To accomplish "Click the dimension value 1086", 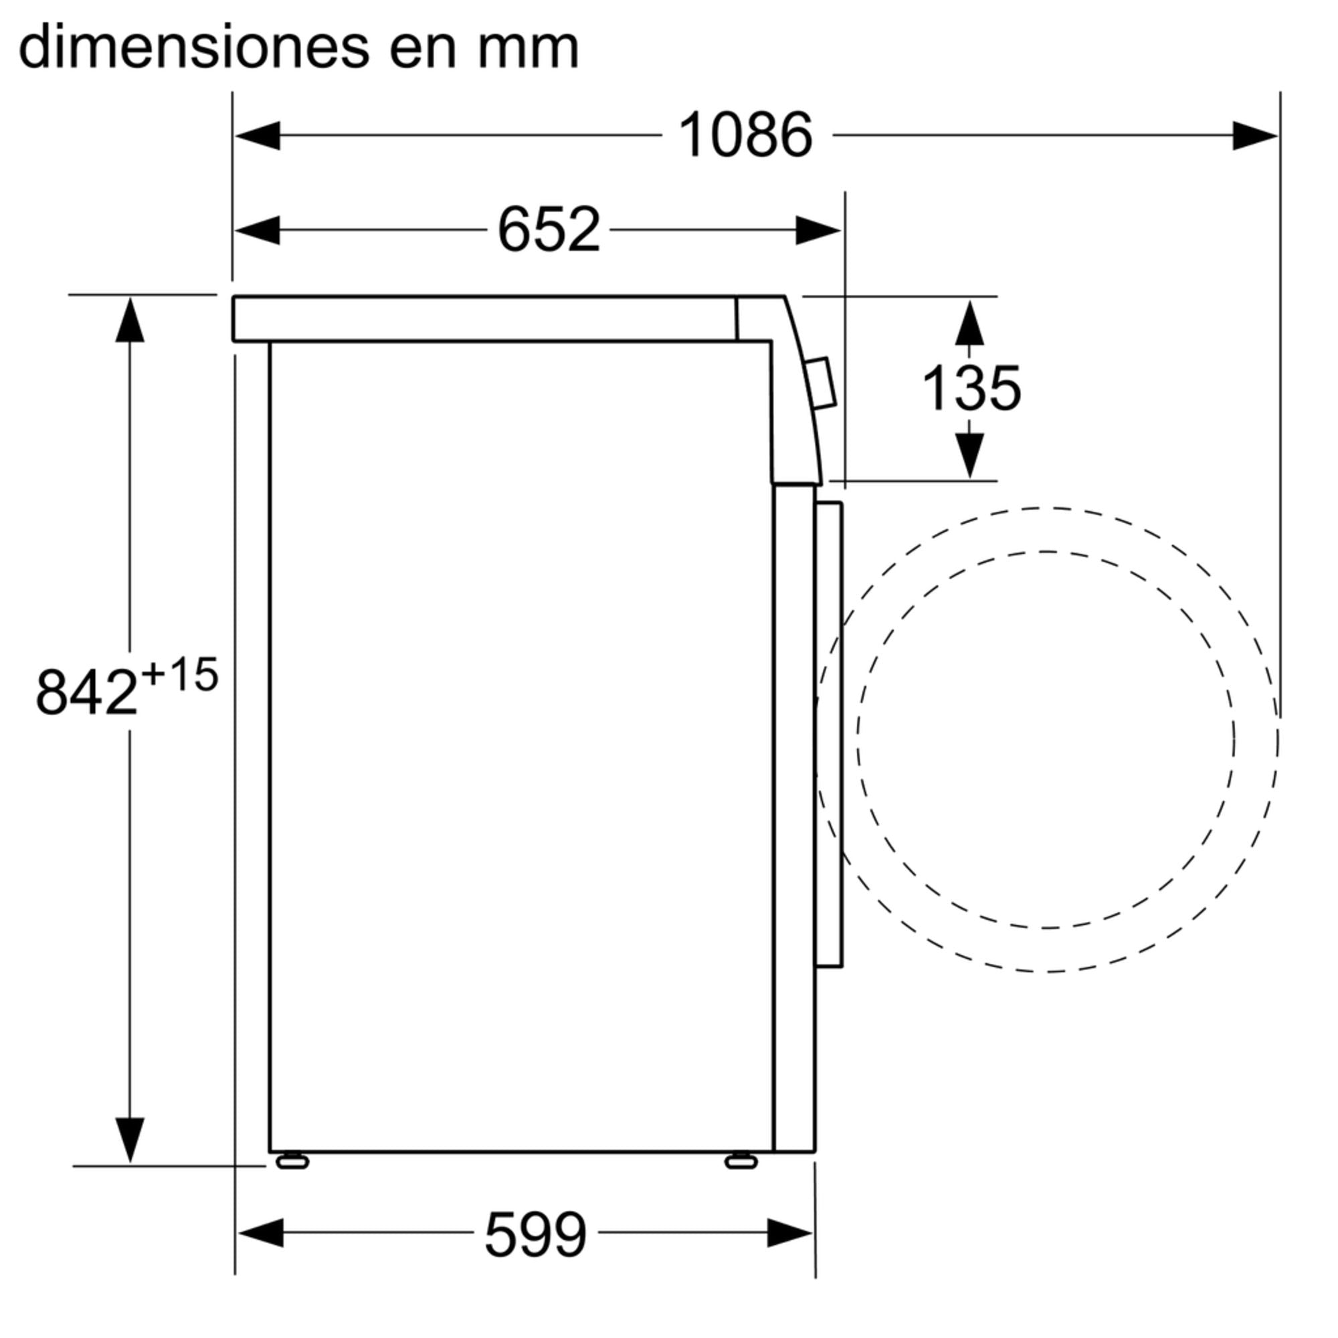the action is click(745, 135).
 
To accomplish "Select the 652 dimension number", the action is click(549, 229).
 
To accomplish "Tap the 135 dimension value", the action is click(971, 388).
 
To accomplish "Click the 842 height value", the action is click(86, 692).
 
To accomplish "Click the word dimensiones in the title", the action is click(194, 47).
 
